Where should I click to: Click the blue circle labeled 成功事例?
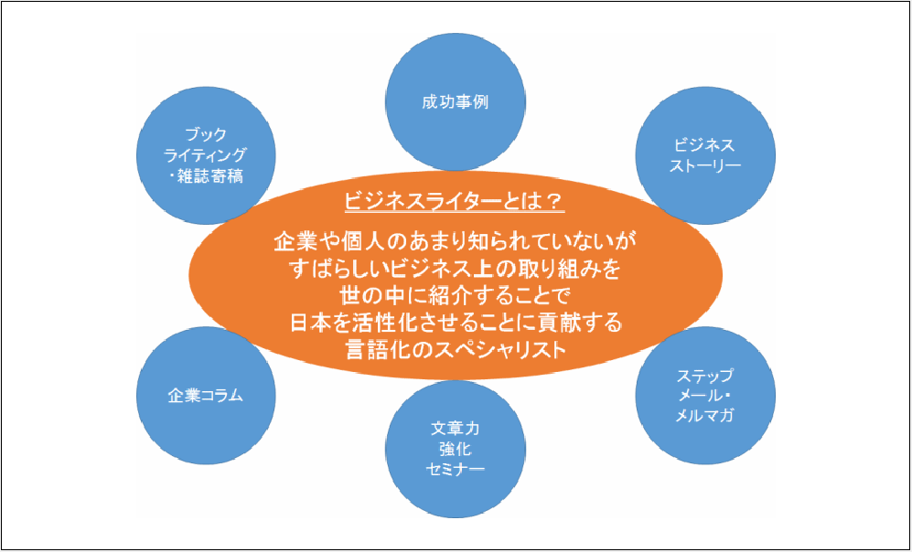coord(455,101)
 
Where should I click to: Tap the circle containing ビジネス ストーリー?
coord(704,156)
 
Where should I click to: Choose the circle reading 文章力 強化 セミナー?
coord(455,448)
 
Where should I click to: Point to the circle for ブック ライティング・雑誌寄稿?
coord(207,155)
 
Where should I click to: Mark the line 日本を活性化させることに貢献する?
coord(455,323)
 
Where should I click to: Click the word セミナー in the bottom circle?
coord(455,469)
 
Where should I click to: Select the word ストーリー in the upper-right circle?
coord(704,166)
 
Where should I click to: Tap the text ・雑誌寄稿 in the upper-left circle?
coord(207,176)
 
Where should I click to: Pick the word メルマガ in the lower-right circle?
coord(704,416)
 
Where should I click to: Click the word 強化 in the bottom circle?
coord(455,448)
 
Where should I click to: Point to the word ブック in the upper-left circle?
coord(207,134)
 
